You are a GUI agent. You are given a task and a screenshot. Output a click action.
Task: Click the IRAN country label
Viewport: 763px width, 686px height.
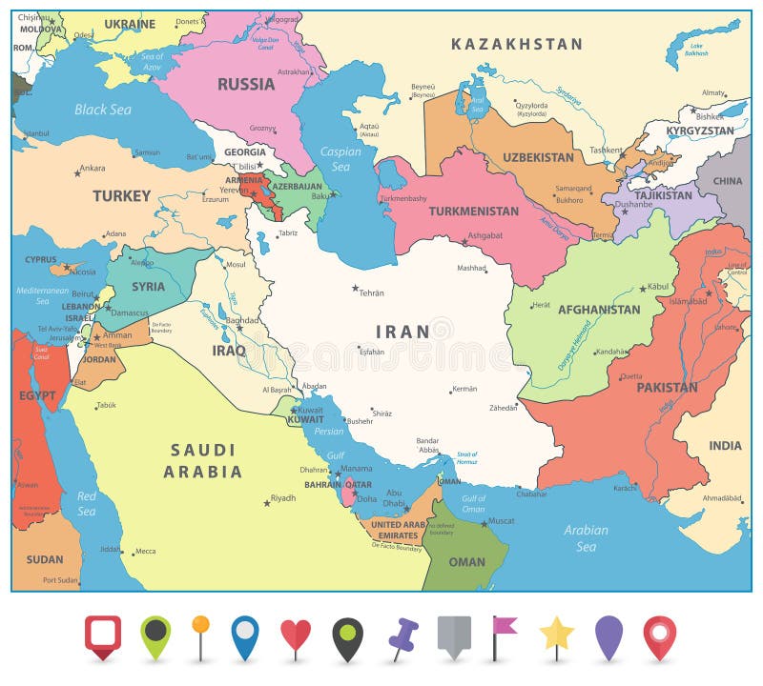click(x=402, y=332)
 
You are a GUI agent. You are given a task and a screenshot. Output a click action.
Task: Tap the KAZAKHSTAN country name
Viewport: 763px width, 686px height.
click(x=516, y=44)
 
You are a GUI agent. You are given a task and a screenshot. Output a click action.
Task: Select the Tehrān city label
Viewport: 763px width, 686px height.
click(x=371, y=293)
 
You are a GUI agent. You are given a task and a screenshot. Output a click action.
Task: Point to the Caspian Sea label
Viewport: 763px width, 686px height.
click(x=340, y=158)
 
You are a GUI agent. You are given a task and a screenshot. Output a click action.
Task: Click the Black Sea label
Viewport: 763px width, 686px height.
click(x=103, y=110)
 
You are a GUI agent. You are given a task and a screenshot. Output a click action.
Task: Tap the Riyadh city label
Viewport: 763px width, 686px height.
click(x=282, y=497)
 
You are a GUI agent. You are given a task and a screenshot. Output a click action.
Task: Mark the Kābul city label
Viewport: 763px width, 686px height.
click(x=658, y=286)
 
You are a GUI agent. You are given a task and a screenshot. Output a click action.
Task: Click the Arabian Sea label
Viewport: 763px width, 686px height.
click(x=586, y=538)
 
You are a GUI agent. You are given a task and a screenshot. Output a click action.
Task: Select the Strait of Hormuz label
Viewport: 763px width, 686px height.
click(x=466, y=458)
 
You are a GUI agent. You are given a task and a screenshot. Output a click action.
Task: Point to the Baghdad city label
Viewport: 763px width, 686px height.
click(x=243, y=321)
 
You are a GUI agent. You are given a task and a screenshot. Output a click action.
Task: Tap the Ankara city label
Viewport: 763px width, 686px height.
click(x=92, y=169)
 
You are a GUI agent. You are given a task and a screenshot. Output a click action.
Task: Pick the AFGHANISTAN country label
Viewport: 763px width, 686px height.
click(x=599, y=310)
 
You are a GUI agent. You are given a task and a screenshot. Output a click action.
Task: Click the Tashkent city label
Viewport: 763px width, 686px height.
click(x=605, y=150)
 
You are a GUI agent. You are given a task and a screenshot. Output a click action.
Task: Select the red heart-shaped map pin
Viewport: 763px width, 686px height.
click(x=296, y=636)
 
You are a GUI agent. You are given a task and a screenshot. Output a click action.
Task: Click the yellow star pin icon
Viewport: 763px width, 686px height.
click(x=556, y=634)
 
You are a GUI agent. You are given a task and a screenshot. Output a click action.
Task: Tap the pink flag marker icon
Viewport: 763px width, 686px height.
click(x=503, y=629)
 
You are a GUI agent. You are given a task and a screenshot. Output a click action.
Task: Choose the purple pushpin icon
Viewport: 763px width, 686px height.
click(x=402, y=636)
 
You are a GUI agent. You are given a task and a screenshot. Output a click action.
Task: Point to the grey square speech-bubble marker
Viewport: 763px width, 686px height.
click(x=454, y=635)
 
